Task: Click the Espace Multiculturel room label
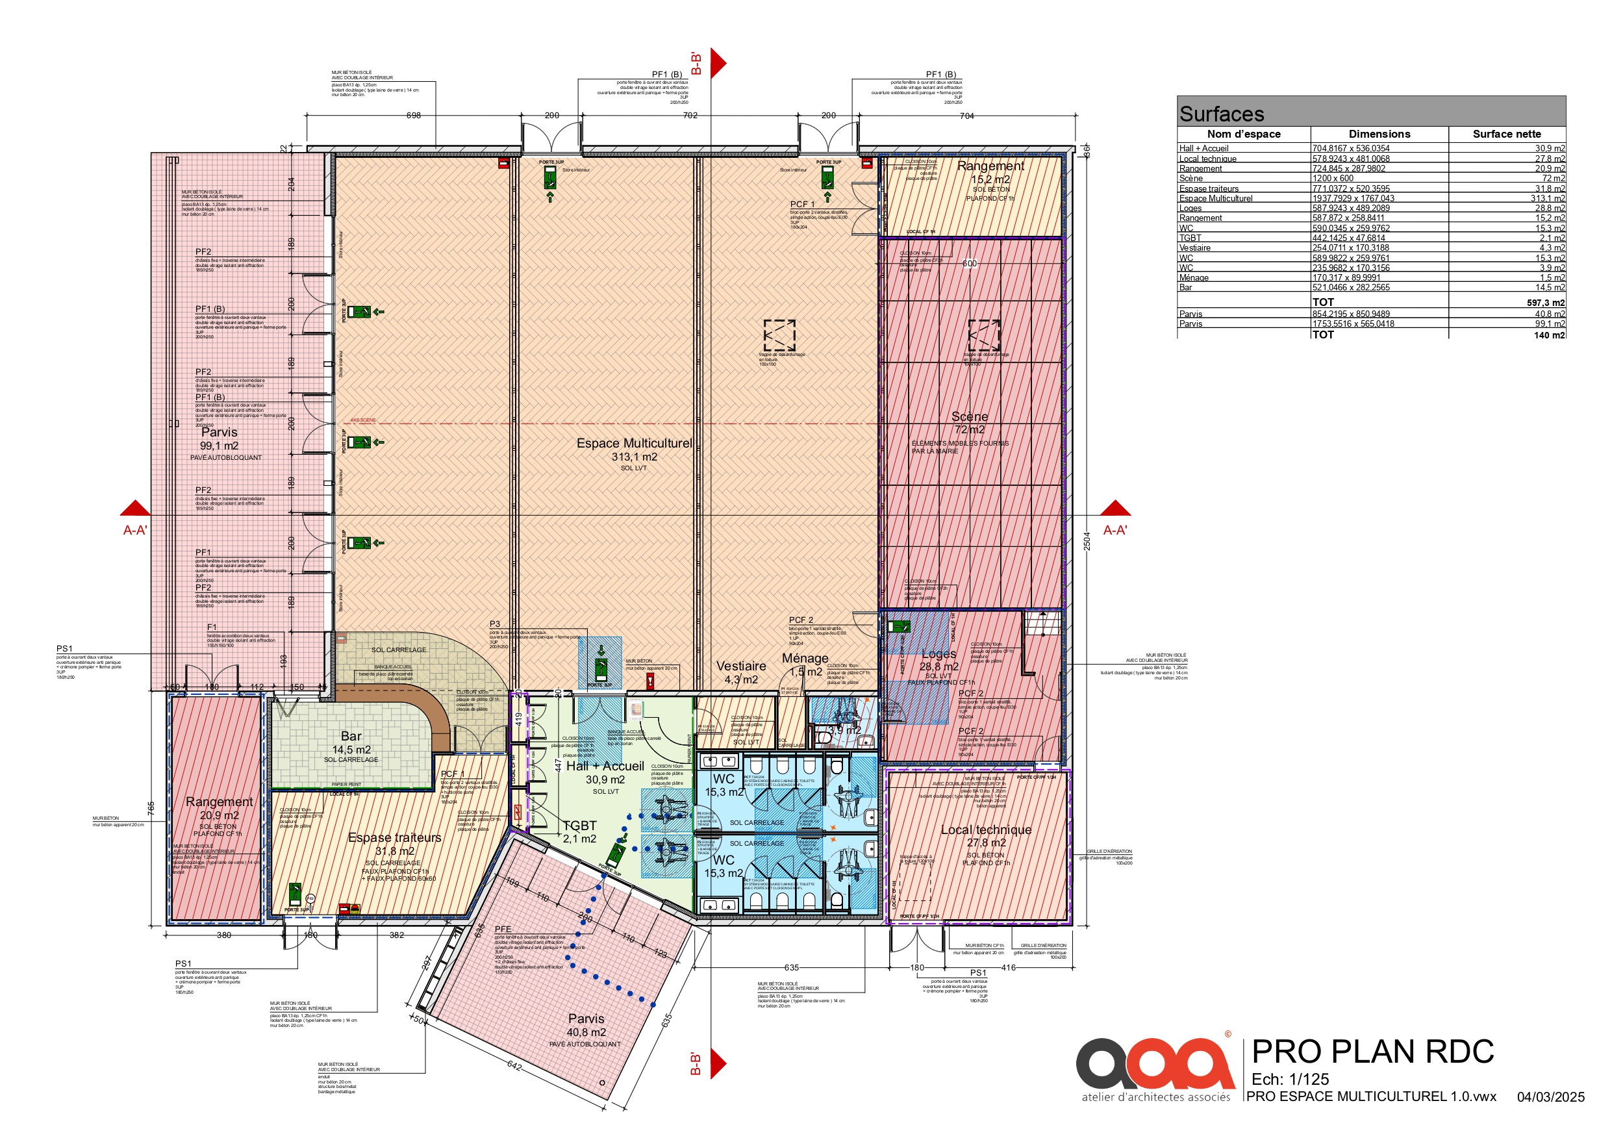(x=634, y=444)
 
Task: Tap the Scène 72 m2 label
(x=969, y=423)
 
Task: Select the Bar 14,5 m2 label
(x=351, y=742)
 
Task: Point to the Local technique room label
(x=986, y=830)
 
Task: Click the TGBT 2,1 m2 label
(x=579, y=831)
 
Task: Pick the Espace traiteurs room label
(x=395, y=838)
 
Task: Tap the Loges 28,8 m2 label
(x=938, y=659)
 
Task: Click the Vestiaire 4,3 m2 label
(x=740, y=672)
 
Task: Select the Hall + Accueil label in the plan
(x=605, y=766)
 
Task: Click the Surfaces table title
(x=1222, y=114)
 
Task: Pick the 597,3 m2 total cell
(x=1545, y=303)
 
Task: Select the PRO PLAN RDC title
(x=1372, y=1052)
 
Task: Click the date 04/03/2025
(x=1550, y=1097)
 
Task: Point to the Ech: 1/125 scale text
(x=1290, y=1079)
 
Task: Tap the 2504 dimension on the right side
(x=1086, y=541)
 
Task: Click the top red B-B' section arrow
(x=717, y=63)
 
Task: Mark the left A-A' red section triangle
(x=136, y=509)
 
